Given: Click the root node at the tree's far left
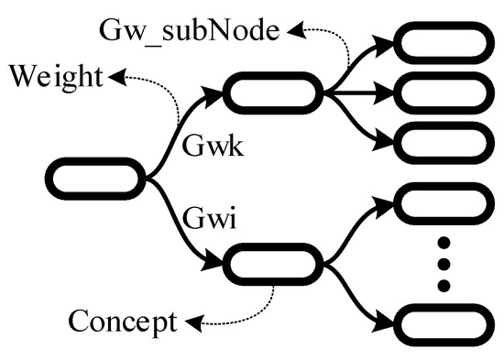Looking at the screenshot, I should [97, 176].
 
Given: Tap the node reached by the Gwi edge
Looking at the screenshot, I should [274, 263].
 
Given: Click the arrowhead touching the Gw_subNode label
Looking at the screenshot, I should [295, 32].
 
